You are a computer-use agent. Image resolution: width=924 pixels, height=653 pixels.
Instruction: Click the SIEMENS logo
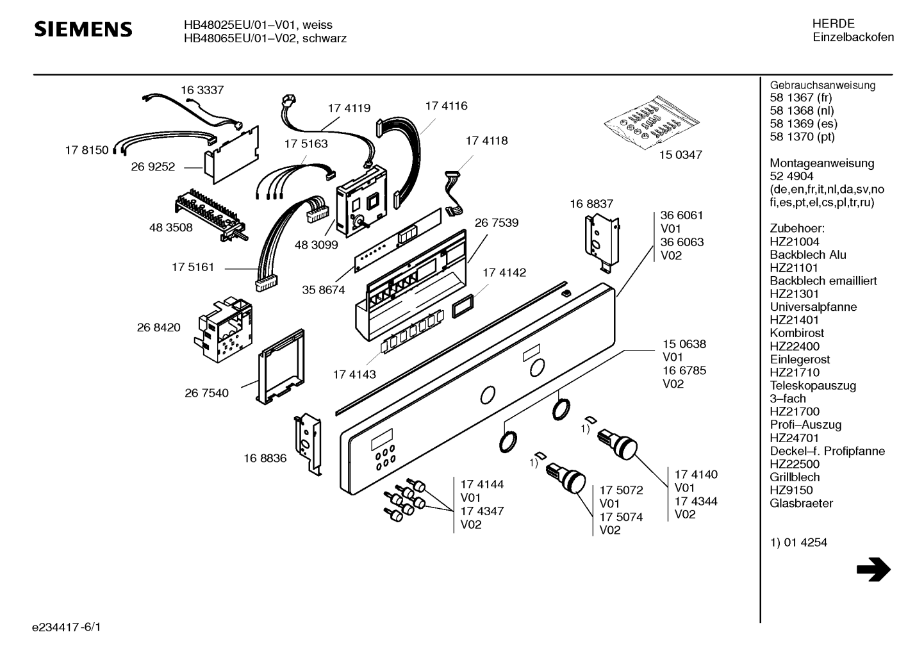pos(83,29)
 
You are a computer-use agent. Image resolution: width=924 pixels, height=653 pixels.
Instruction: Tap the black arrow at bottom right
pos(873,569)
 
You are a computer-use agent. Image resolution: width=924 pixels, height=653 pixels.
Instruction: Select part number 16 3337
pos(202,90)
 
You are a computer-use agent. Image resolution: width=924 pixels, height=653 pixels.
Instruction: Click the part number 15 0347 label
pos(681,155)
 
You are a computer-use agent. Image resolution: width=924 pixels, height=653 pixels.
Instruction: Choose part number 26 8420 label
pos(158,327)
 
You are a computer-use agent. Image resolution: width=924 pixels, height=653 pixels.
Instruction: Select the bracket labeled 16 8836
pos(308,442)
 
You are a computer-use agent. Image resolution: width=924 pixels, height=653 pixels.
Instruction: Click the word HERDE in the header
pos(833,24)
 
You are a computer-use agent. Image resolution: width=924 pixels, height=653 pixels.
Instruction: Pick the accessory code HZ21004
pos(794,242)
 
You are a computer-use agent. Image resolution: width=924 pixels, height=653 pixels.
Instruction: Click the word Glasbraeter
pos(801,504)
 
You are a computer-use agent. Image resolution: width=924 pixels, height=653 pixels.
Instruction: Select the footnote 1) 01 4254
pos(798,543)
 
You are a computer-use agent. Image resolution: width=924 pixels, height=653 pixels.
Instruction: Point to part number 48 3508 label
pos(170,227)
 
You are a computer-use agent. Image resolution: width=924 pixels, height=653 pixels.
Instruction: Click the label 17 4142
pos(504,273)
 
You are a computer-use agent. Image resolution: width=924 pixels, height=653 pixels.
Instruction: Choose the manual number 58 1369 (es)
pos(803,124)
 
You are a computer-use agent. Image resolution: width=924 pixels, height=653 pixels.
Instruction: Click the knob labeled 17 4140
pos(619,444)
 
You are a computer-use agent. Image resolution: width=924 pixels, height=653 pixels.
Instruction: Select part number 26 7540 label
pos(206,393)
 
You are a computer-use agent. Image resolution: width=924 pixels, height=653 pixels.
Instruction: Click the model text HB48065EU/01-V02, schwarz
pos(265,38)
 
